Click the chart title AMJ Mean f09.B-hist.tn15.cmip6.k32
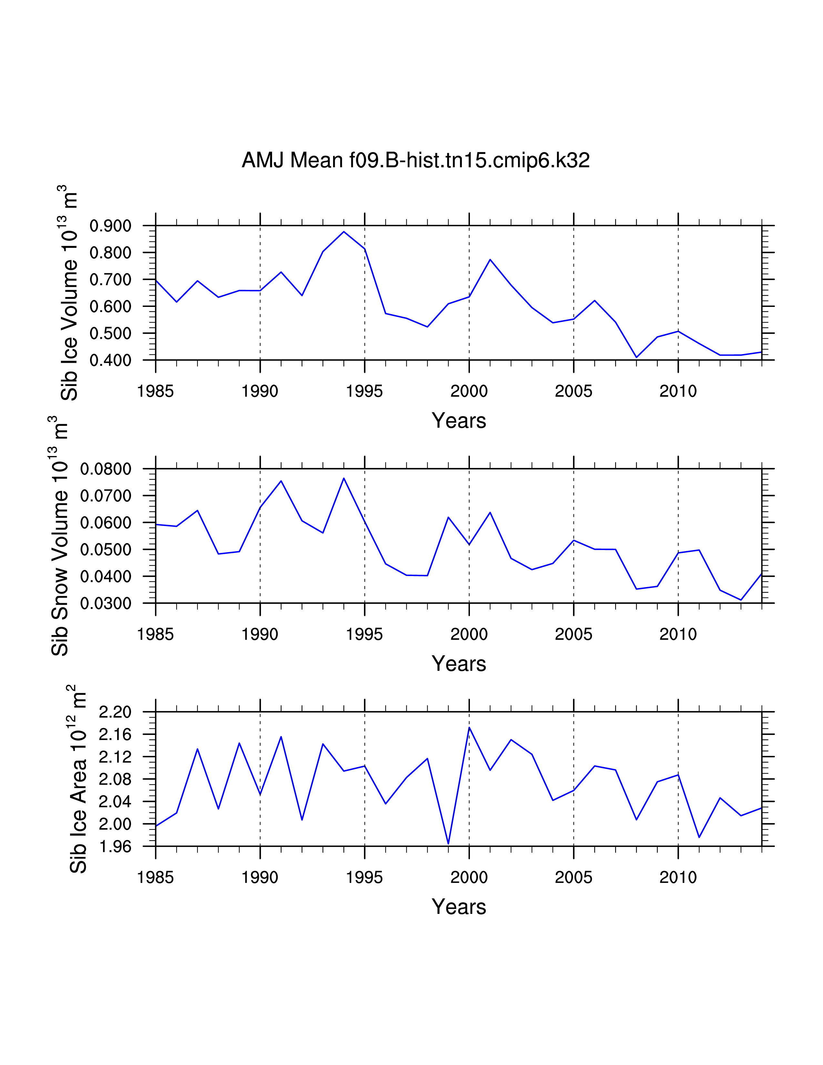pyautogui.click(x=415, y=160)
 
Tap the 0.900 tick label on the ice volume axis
pyautogui.click(x=111, y=226)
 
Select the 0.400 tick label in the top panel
pyautogui.click(x=111, y=360)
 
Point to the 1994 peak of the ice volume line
pyautogui.click(x=344, y=232)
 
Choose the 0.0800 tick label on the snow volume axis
pyautogui.click(x=106, y=469)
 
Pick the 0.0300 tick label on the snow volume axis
pyautogui.click(x=106, y=604)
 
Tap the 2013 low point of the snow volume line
pyautogui.click(x=741, y=600)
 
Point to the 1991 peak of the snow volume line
pyautogui.click(x=281, y=481)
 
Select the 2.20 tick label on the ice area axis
pyautogui.click(x=115, y=713)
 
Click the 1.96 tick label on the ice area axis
pyautogui.click(x=115, y=847)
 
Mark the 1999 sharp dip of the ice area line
pyautogui.click(x=448, y=843)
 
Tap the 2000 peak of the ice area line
pyautogui.click(x=469, y=727)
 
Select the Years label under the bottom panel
pyautogui.click(x=459, y=907)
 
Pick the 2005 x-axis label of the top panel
pyautogui.click(x=574, y=391)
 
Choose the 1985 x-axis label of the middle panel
pyautogui.click(x=156, y=634)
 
